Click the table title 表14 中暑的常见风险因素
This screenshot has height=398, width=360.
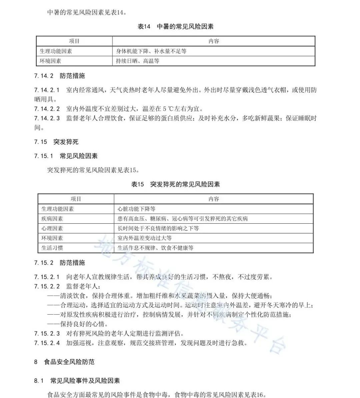pyautogui.click(x=175, y=27)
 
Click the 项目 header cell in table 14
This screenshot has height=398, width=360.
pyautogui.click(x=74, y=41)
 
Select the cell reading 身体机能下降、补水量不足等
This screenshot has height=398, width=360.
pyautogui.click(x=151, y=51)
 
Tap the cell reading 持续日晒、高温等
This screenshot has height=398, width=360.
pyautogui.click(x=138, y=61)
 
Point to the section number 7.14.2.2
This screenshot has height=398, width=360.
pyautogui.click(x=47, y=109)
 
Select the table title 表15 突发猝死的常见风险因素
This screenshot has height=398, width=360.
pyautogui.click(x=175, y=184)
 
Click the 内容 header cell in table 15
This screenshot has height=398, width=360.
pyautogui.click(x=213, y=199)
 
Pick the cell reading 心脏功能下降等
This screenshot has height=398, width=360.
pyautogui.click(x=137, y=209)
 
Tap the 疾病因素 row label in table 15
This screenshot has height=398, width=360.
pyautogui.click(x=52, y=219)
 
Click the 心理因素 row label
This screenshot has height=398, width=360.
pyautogui.click(x=52, y=228)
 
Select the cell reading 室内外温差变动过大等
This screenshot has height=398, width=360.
pyautogui.click(x=145, y=238)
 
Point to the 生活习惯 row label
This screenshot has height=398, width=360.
pyautogui.click(x=52, y=248)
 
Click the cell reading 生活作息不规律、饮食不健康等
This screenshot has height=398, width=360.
pyautogui.click(x=155, y=248)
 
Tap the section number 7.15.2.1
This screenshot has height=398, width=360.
pyautogui.click(x=47, y=277)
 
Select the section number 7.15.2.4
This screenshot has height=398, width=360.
pyautogui.click(x=47, y=343)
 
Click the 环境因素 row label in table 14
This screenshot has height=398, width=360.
pyautogui.click(x=51, y=61)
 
